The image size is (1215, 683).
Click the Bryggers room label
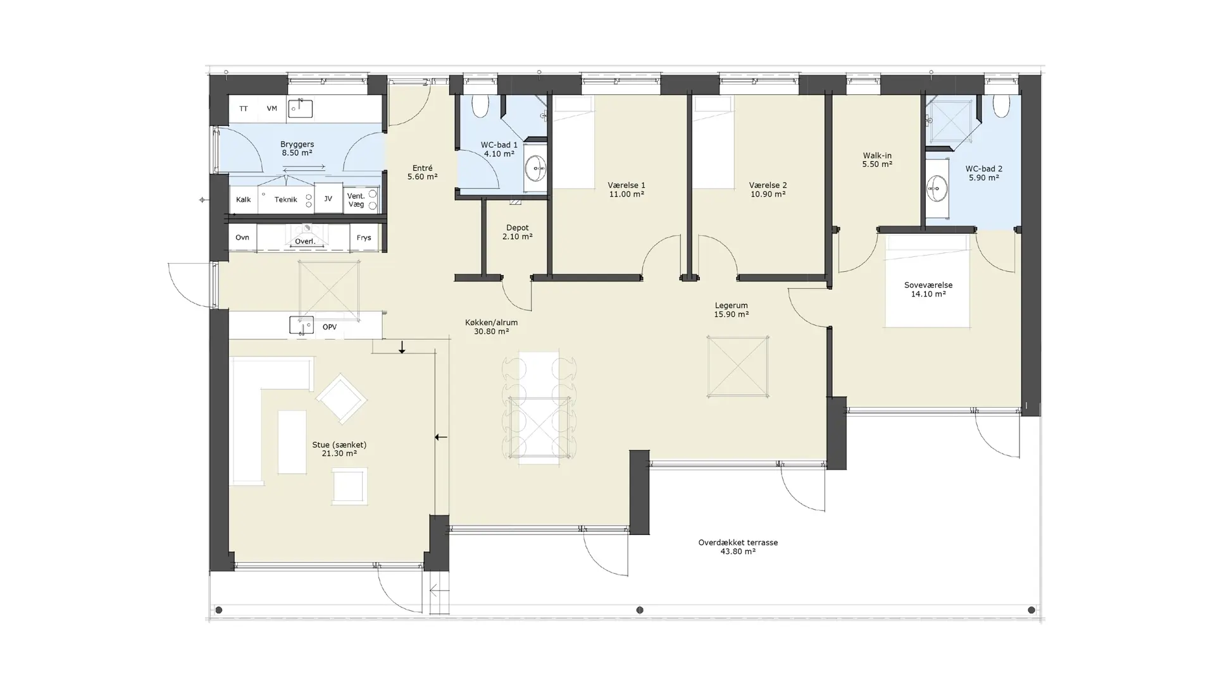[297, 149]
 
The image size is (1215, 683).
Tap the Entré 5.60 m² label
[422, 173]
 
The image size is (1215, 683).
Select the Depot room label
[517, 232]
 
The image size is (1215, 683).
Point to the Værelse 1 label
[626, 190]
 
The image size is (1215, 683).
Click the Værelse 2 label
[768, 190]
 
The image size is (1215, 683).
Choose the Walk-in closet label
[877, 160]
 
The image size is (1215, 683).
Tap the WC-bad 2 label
[983, 173]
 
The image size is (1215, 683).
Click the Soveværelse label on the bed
[928, 290]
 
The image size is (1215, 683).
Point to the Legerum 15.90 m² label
[731, 310]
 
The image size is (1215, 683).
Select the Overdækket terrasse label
[738, 547]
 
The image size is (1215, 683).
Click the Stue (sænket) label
[339, 449]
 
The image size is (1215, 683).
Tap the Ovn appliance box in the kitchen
[242, 238]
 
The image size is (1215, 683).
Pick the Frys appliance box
[364, 238]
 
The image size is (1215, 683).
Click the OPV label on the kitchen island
[329, 327]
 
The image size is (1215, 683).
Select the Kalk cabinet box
[244, 199]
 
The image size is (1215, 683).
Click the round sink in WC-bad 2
[937, 188]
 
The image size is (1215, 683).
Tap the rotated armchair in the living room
[341, 398]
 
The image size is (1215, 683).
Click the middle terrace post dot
[640, 610]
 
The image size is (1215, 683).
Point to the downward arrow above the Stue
[402, 347]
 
